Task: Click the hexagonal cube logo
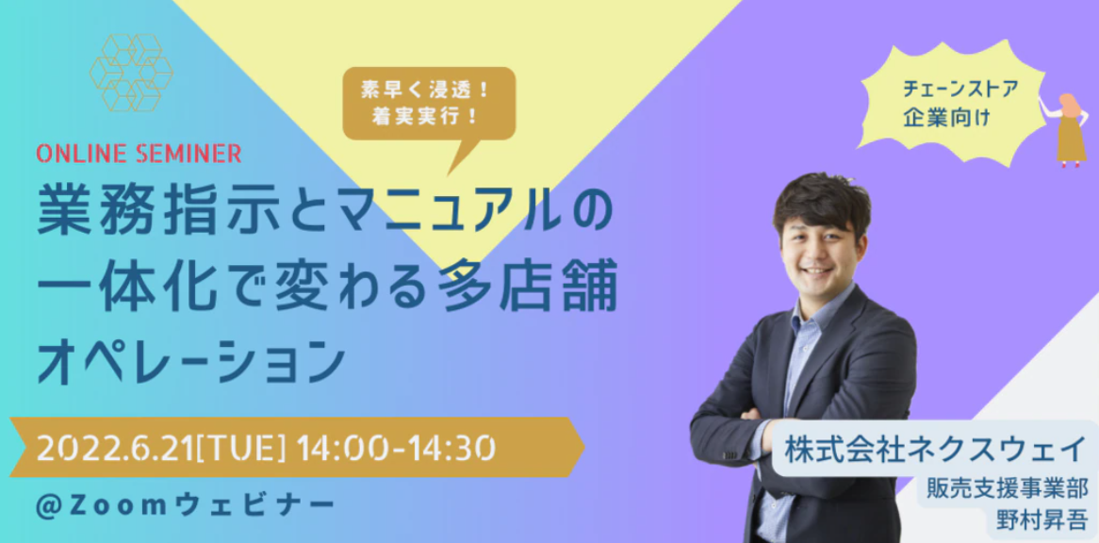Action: [x=131, y=73]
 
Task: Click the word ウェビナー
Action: [x=261, y=504]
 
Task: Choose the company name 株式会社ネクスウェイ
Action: [x=935, y=449]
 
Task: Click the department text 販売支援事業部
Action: [x=1008, y=489]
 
